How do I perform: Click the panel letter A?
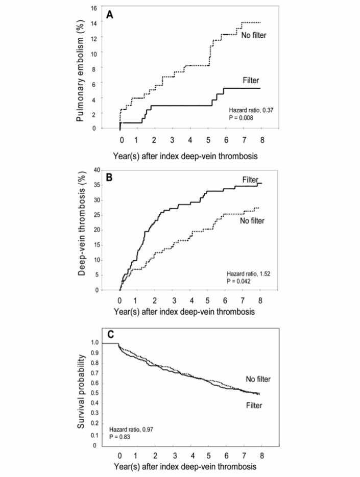click(110, 16)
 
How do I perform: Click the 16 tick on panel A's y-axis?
click(94, 8)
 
